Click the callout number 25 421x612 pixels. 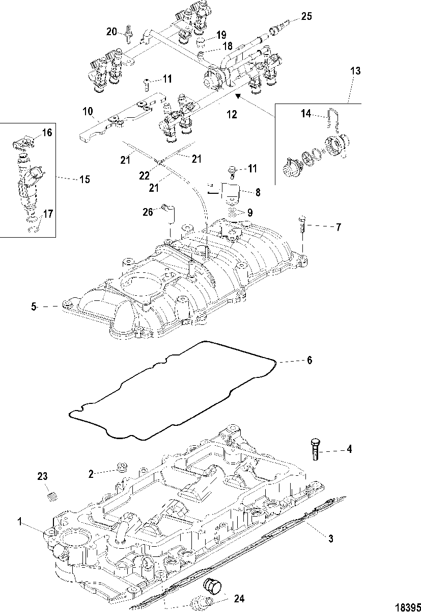(x=306, y=16)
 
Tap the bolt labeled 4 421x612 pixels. (x=316, y=449)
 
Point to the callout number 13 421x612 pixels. (x=355, y=71)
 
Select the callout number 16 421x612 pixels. (x=47, y=133)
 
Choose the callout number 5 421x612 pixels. (x=34, y=307)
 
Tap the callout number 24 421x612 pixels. (x=239, y=599)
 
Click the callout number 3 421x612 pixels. (x=330, y=539)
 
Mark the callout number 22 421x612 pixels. (x=144, y=175)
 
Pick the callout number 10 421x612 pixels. (x=88, y=112)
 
